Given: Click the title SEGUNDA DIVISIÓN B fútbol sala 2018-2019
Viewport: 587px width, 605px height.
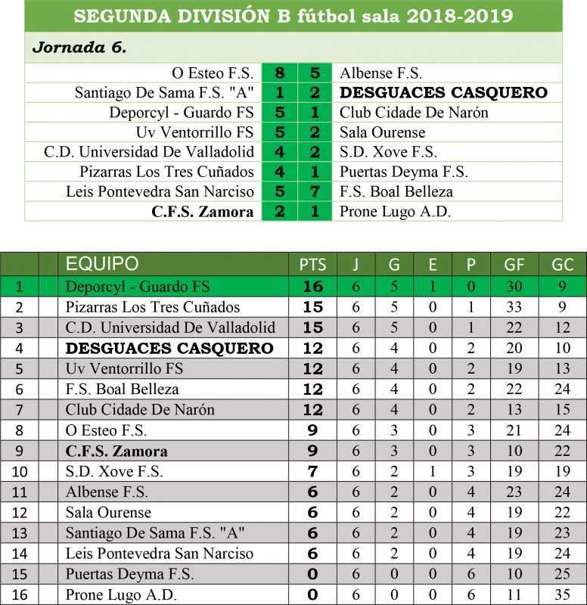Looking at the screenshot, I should pos(293,15).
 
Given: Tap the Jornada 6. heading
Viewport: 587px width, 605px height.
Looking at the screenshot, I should pos(79,47).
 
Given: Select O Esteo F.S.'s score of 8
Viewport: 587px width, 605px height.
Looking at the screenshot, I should pos(280,73).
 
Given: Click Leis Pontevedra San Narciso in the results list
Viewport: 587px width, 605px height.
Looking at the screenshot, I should pos(160,191).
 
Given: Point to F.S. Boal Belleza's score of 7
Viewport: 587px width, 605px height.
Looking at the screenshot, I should pos(315,191).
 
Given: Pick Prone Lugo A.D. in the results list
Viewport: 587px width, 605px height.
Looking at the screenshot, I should pos(395,211).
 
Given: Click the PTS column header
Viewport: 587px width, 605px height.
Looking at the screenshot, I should pos(312,265).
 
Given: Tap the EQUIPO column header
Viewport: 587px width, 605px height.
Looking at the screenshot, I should pos(102,264).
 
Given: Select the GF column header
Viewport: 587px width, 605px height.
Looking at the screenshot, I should pos(514,265).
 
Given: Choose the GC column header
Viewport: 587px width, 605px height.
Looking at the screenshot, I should pos(562,265).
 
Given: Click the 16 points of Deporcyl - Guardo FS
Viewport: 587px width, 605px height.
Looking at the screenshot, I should pos(312,287).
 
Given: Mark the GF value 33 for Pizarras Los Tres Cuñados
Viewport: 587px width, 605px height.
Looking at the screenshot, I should pos(514,307).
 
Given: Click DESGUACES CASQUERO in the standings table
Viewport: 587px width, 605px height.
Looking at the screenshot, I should pos(169,349).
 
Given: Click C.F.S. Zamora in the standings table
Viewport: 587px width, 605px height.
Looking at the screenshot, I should pos(116,451).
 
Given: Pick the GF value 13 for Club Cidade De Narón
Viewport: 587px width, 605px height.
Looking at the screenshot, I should pos(514,410).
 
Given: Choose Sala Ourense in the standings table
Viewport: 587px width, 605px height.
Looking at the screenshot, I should pos(108,513).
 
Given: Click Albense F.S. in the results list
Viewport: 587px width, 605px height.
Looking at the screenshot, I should pos(380,73).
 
